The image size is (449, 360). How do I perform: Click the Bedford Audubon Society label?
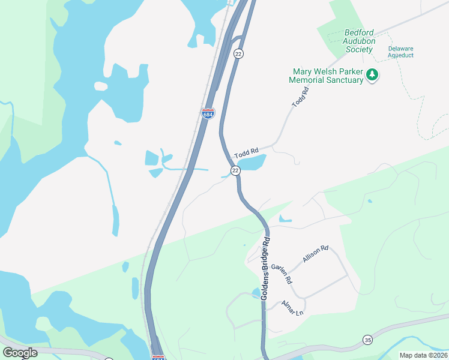click(x=360, y=41)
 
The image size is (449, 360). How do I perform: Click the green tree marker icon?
click(x=373, y=75)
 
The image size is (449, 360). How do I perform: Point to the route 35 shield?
click(x=367, y=340)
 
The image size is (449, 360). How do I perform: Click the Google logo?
click(x=20, y=353)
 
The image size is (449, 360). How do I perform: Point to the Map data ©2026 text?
click(x=423, y=355)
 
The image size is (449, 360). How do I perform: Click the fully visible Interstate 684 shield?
click(x=208, y=113)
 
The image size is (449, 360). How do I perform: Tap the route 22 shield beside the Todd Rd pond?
click(x=236, y=171)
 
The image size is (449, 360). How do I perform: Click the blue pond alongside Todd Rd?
click(x=252, y=162)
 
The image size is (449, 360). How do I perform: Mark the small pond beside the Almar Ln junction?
click(x=256, y=293)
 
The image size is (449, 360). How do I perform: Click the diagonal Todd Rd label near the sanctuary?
click(x=300, y=97)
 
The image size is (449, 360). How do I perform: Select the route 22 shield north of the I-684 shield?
click(x=238, y=54)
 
